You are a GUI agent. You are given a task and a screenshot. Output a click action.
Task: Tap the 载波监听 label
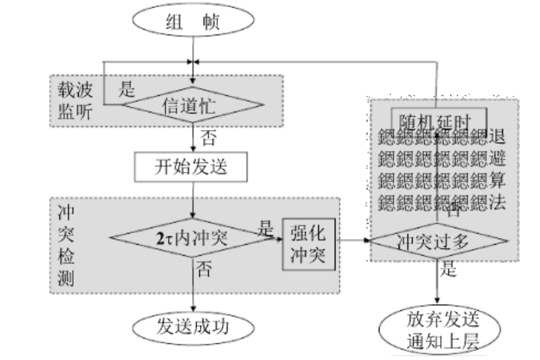pos(77,97)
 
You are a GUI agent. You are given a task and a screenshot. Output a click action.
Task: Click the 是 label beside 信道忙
pos(127,91)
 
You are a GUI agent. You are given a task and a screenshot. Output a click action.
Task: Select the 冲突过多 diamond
pos(437,241)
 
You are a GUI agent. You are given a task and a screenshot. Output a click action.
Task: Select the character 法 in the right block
pos(499,202)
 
